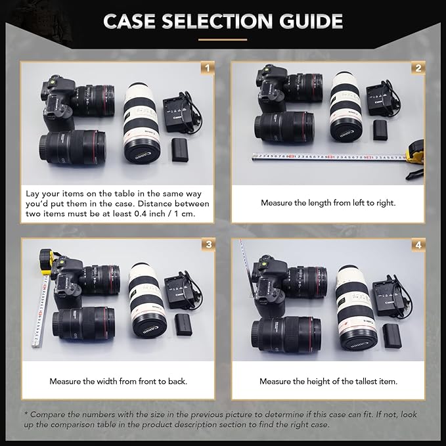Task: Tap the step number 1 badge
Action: (208, 68)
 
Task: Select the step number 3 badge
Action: (208, 244)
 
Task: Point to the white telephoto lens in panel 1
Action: (140, 123)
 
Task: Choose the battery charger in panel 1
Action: (177, 112)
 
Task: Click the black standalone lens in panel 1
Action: (72, 146)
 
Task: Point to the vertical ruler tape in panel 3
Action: (40, 309)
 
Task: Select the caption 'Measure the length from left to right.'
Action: (328, 203)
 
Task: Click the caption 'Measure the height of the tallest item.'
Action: (328, 381)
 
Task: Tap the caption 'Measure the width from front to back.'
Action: (118, 381)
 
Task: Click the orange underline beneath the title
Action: (223, 39)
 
